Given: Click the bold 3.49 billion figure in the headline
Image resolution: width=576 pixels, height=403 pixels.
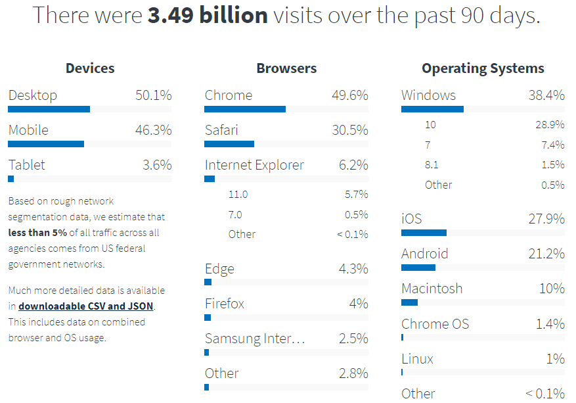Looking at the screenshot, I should pyautogui.click(x=208, y=15).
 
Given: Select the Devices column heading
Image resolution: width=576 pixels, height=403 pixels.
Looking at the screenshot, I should pyautogui.click(x=90, y=68).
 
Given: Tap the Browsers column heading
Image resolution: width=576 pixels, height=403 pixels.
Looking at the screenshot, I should pyautogui.click(x=286, y=68).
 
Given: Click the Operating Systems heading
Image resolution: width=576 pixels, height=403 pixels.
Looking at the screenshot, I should pyautogui.click(x=483, y=68).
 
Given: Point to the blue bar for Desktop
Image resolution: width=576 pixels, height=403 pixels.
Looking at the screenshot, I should pyautogui.click(x=49, y=109).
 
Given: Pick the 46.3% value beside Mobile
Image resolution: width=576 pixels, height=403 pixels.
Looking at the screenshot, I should pyautogui.click(x=153, y=130).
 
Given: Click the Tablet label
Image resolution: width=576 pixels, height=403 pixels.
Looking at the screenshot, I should pyautogui.click(x=27, y=165).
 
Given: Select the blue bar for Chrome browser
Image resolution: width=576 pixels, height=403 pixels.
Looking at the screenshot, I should pyautogui.click(x=245, y=109).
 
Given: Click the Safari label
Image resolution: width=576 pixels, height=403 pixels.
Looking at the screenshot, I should pyautogui.click(x=221, y=130).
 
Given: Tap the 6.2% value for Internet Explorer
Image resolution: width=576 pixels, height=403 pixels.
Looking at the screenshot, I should pyautogui.click(x=353, y=165).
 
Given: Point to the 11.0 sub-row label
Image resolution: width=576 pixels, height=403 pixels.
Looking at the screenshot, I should pyautogui.click(x=238, y=195).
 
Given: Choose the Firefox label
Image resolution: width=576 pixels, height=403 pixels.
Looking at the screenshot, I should pyautogui.click(x=225, y=304).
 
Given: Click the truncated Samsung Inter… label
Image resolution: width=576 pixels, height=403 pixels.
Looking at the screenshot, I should pyautogui.click(x=255, y=339).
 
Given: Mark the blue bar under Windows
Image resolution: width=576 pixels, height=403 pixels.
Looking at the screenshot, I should pyautogui.click(x=432, y=109).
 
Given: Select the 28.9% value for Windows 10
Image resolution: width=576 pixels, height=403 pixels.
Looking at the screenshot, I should pyautogui.click(x=550, y=124).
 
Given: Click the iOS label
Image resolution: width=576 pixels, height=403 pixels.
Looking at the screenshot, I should pyautogui.click(x=411, y=219).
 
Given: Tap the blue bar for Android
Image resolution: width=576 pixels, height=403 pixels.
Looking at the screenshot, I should pyautogui.click(x=418, y=268).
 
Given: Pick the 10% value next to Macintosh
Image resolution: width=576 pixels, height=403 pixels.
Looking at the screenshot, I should pyautogui.click(x=552, y=289).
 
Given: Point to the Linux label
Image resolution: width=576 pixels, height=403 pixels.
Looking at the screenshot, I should pyautogui.click(x=418, y=359).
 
